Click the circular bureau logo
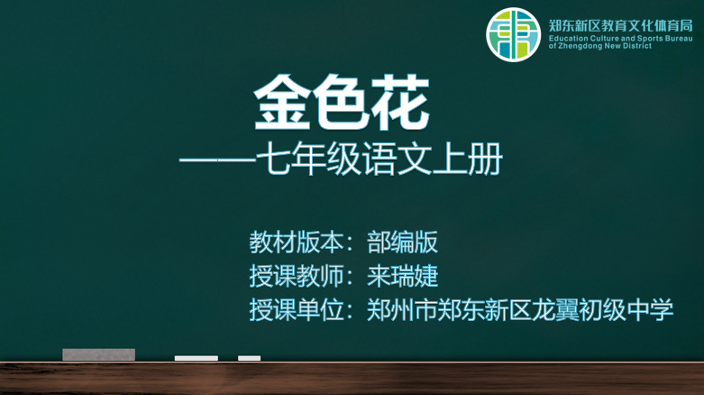513,34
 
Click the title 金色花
342,103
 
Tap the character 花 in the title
401,103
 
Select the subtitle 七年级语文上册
379,159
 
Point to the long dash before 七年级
217,160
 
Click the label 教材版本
297,243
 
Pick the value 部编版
402,243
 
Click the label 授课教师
297,276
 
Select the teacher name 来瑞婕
402,276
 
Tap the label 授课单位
297,310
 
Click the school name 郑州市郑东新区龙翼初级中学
520,310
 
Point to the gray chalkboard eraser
99,354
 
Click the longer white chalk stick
197,358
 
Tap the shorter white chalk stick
249,358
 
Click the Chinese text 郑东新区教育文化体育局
620,25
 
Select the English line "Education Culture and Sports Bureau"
620,39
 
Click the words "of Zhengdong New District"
599,46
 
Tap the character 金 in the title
282,103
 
